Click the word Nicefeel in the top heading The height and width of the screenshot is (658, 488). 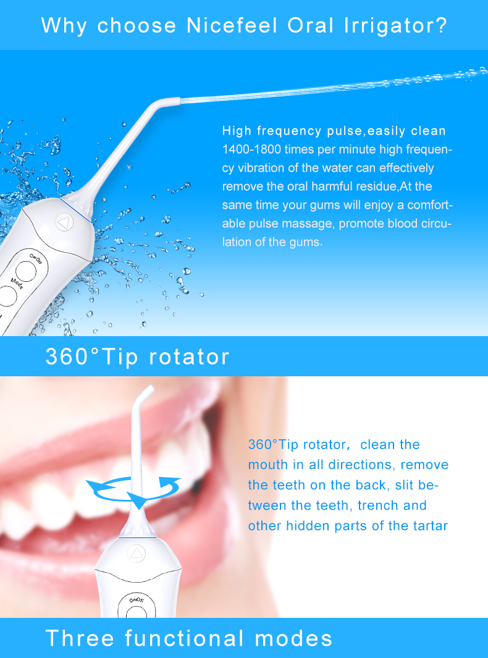click(232, 25)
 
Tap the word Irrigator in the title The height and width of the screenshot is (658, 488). click(395, 26)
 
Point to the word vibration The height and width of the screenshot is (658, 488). click(262, 168)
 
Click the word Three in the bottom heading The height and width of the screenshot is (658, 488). click(80, 638)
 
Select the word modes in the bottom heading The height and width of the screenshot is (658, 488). click(293, 638)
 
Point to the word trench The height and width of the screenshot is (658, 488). click(378, 505)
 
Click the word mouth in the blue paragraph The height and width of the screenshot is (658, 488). click(265, 465)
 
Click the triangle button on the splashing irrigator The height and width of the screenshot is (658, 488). click(64, 222)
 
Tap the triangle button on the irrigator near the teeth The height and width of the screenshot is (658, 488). click(136, 553)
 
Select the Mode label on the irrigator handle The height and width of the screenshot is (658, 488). click(17, 284)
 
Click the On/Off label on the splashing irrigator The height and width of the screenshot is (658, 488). click(36, 258)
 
